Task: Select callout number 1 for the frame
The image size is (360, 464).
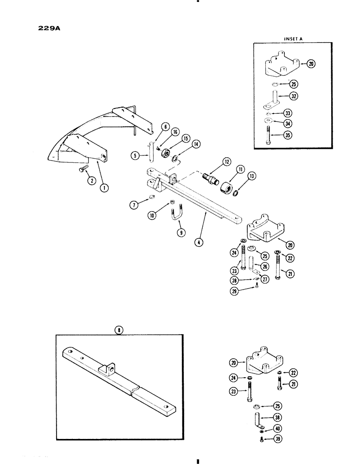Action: pos(105,188)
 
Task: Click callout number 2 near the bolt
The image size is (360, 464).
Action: pos(92,181)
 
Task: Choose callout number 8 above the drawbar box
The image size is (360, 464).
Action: pos(119,330)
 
